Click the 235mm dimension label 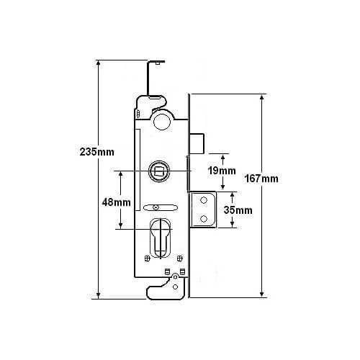point(97,152)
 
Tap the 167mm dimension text point(261,179)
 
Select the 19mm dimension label point(222,171)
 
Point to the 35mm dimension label point(238,210)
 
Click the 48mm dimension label point(117,202)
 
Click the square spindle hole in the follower point(159,171)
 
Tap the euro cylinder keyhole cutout point(160,238)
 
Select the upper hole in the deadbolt point(204,200)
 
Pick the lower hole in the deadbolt point(204,219)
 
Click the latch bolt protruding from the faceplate point(197,143)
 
